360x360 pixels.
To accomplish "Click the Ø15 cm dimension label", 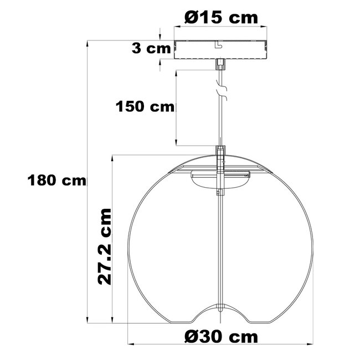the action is (x=221, y=18).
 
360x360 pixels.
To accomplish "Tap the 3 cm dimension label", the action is (x=151, y=49).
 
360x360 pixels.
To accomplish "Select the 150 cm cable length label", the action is (x=145, y=106).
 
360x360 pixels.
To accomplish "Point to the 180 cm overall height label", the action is (x=56, y=180).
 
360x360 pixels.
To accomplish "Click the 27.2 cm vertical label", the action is (x=105, y=246).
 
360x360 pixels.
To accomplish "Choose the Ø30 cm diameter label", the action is (x=221, y=337).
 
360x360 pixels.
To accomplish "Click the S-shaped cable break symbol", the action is (x=222, y=90).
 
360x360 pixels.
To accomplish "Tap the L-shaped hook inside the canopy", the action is (x=218, y=44).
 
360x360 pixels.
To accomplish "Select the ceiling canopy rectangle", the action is (x=220, y=49).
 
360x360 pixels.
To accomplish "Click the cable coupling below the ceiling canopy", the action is (x=220, y=64).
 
